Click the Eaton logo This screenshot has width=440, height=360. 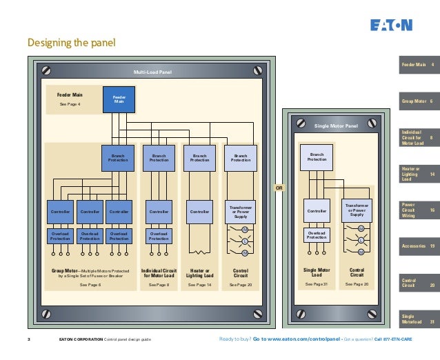coord(391,26)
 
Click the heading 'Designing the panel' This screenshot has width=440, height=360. coord(71,43)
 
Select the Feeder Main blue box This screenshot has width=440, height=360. coord(119,100)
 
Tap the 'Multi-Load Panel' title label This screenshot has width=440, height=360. coord(152,71)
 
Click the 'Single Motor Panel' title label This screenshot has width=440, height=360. coord(336,126)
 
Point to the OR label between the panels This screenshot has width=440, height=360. coord(279,187)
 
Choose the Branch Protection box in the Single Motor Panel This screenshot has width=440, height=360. coord(317,157)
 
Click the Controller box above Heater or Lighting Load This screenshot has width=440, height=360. coord(199,212)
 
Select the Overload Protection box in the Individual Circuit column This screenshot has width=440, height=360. coord(158,236)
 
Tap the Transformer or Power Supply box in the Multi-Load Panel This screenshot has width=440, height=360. coord(241,211)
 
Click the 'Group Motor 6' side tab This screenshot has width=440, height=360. coord(417,101)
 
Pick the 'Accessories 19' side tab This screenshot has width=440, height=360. coord(417,246)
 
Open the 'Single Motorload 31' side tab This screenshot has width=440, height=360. coord(417,319)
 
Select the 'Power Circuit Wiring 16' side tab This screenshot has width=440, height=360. coord(417,210)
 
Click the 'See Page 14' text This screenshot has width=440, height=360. coord(199,285)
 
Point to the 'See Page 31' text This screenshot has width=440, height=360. coord(317,284)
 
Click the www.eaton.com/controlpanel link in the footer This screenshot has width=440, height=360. coord(297,339)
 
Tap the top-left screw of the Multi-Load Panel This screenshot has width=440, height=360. coord(47,70)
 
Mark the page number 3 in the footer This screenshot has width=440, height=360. coord(28,339)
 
